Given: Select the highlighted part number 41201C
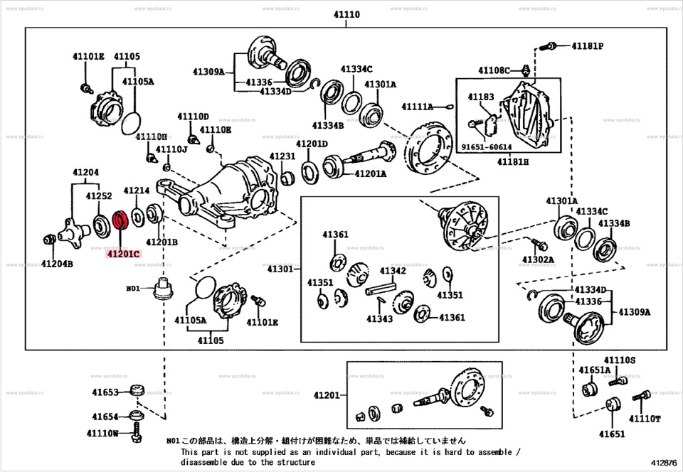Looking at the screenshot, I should [122, 252].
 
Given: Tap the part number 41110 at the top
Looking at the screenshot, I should [346, 14].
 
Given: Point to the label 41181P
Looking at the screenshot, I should [587, 46].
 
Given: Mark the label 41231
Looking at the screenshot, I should [282, 156].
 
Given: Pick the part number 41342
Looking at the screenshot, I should [393, 271].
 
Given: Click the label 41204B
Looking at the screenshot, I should [56, 263].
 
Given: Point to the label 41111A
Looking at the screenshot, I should [417, 107].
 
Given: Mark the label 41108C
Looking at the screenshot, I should [494, 70].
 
